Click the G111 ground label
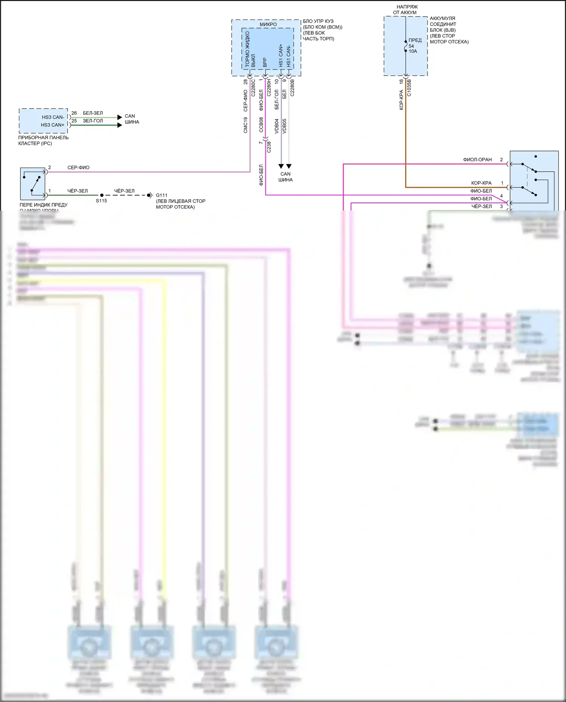click(161, 195)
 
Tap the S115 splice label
click(101, 201)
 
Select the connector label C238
click(269, 147)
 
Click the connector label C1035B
click(409, 88)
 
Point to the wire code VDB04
click(277, 126)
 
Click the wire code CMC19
click(246, 125)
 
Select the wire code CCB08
click(261, 125)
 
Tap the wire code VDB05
click(285, 126)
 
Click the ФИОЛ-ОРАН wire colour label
click(477, 160)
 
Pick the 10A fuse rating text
click(413, 51)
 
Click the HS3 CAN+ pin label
click(52, 125)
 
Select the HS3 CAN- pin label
click(53, 117)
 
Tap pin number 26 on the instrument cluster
click(74, 113)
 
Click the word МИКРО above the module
click(268, 25)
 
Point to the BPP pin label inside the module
click(265, 63)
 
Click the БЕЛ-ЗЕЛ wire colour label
click(93, 113)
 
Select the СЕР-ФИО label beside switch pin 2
click(78, 168)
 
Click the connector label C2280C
click(254, 88)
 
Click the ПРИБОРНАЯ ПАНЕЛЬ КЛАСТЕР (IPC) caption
click(43, 140)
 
